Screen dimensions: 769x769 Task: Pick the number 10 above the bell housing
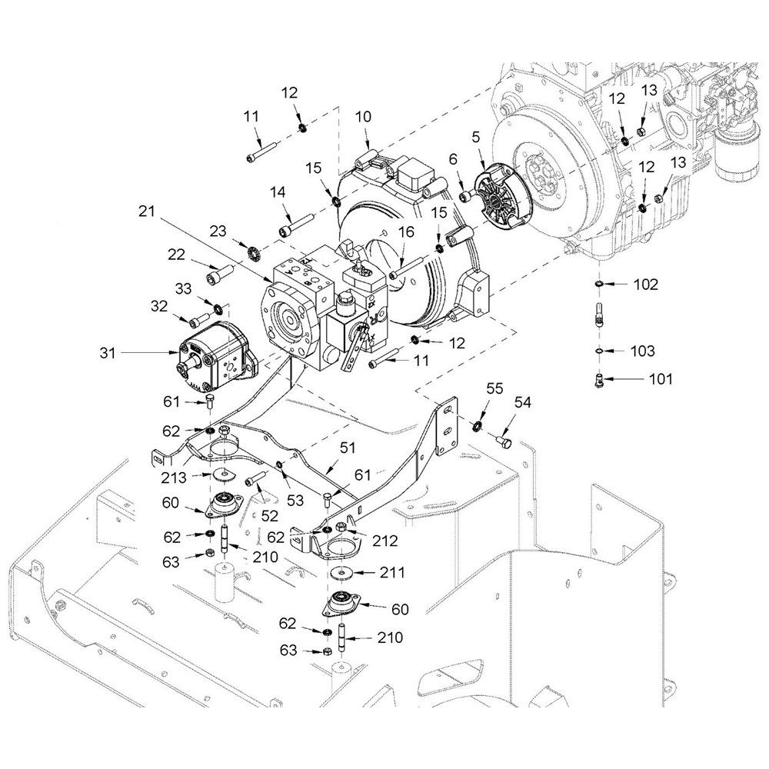364,117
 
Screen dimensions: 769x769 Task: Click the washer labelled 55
477,425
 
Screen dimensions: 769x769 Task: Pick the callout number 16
406,231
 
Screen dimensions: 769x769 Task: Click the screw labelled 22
220,272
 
